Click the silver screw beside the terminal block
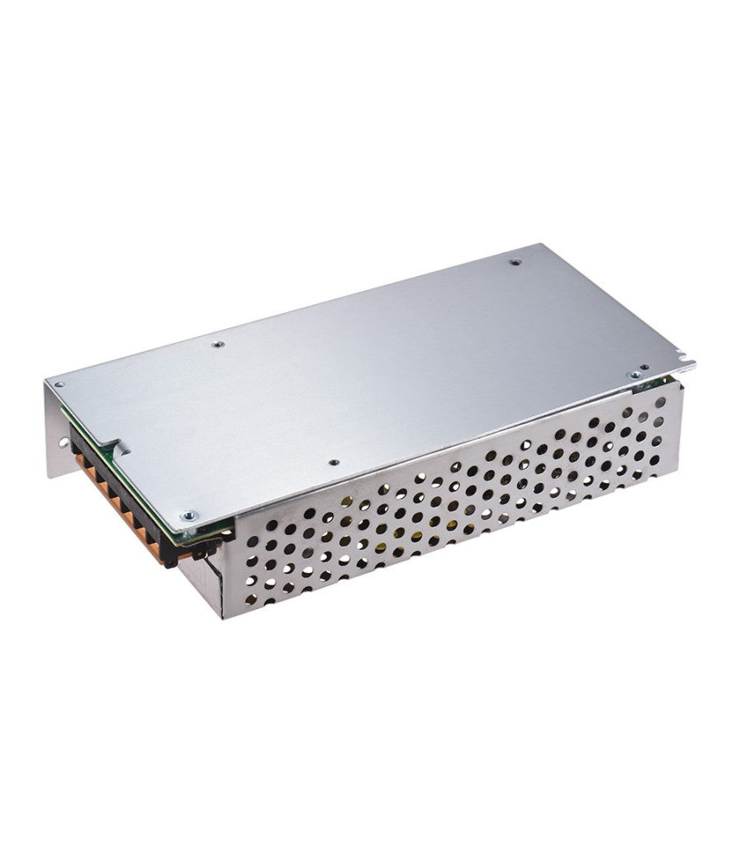click(x=189, y=516)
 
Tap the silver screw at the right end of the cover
click(x=635, y=375)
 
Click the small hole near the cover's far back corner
click(x=516, y=262)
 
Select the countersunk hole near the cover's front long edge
click(x=331, y=464)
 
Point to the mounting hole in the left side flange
click(x=61, y=446)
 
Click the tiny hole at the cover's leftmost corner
click(x=58, y=384)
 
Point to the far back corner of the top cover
click(x=538, y=244)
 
